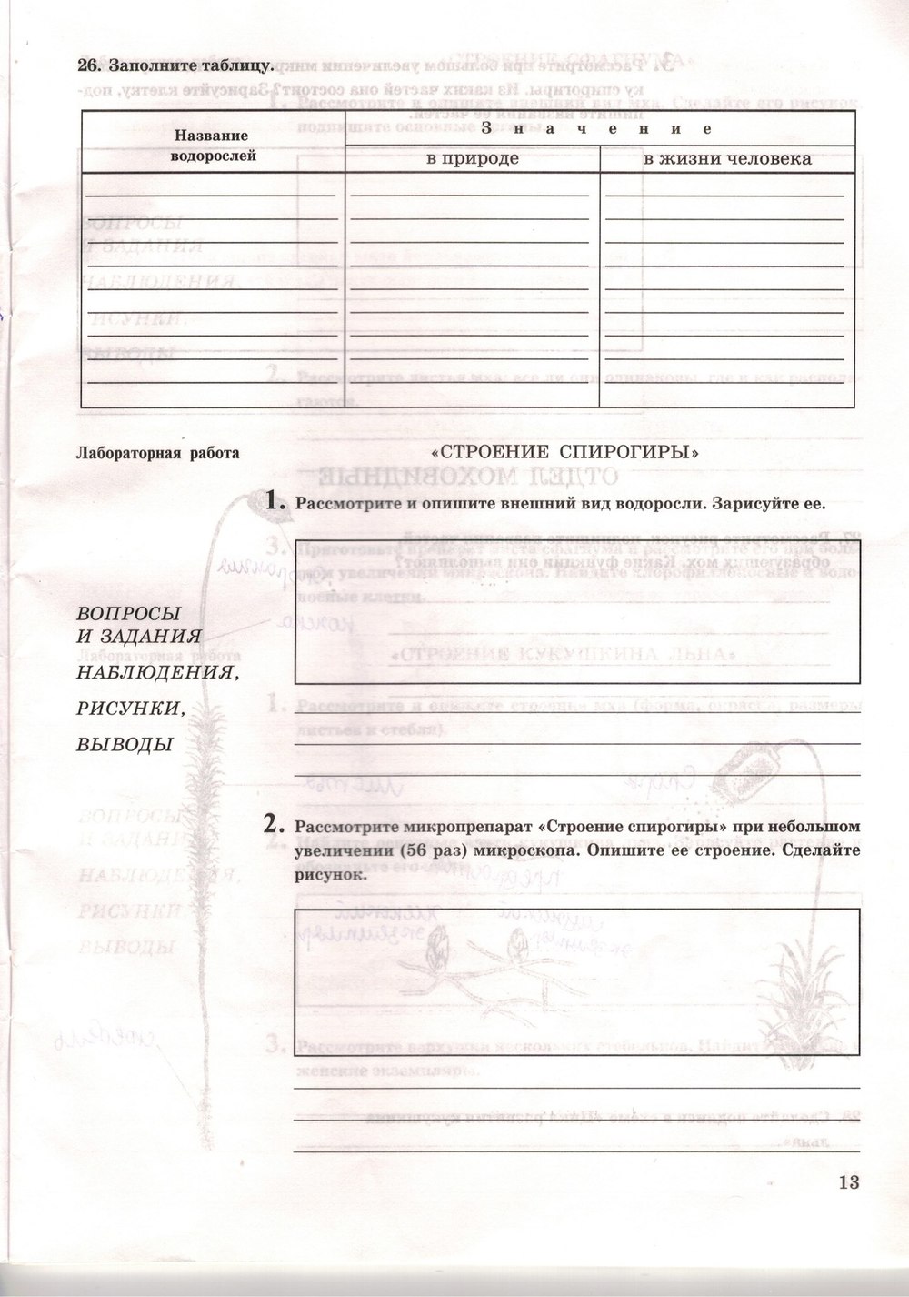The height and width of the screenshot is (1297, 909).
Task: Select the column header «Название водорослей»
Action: point(212,146)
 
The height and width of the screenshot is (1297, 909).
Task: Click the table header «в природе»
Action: point(473,159)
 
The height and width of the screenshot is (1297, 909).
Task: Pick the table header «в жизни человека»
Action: point(727,159)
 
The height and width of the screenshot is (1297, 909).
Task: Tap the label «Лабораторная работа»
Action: point(159,453)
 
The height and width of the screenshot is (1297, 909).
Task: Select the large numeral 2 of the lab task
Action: point(270,825)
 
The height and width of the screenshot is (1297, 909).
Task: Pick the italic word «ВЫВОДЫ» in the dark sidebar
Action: point(124,744)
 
